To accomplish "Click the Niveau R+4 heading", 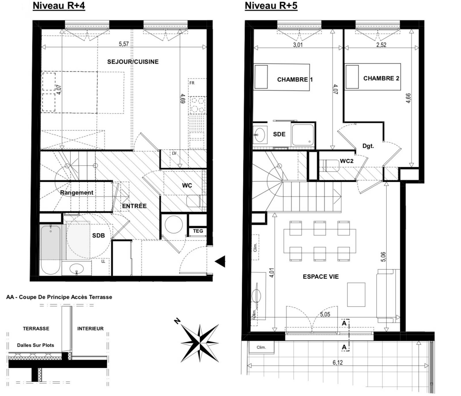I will click(59, 6).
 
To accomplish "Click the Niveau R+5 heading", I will click(271, 6).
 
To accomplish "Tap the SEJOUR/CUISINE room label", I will click(133, 62).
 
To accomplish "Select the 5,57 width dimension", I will click(124, 44).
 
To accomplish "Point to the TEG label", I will click(198, 231).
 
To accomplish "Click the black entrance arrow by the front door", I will click(220, 261).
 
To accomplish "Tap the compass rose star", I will click(200, 343).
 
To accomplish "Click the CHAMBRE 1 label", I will click(295, 79).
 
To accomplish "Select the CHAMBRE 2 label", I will click(381, 78).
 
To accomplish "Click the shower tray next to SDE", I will click(303, 134).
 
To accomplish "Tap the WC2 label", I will click(346, 161).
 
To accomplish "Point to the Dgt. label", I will click(368, 146).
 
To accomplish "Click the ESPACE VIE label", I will click(321, 277).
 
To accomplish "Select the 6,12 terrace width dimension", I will click(337, 363).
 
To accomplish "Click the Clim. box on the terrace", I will click(261, 347).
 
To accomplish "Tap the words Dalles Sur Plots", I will click(35, 345).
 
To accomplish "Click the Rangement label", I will click(76, 193).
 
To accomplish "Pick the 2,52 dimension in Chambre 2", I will click(381, 45).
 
